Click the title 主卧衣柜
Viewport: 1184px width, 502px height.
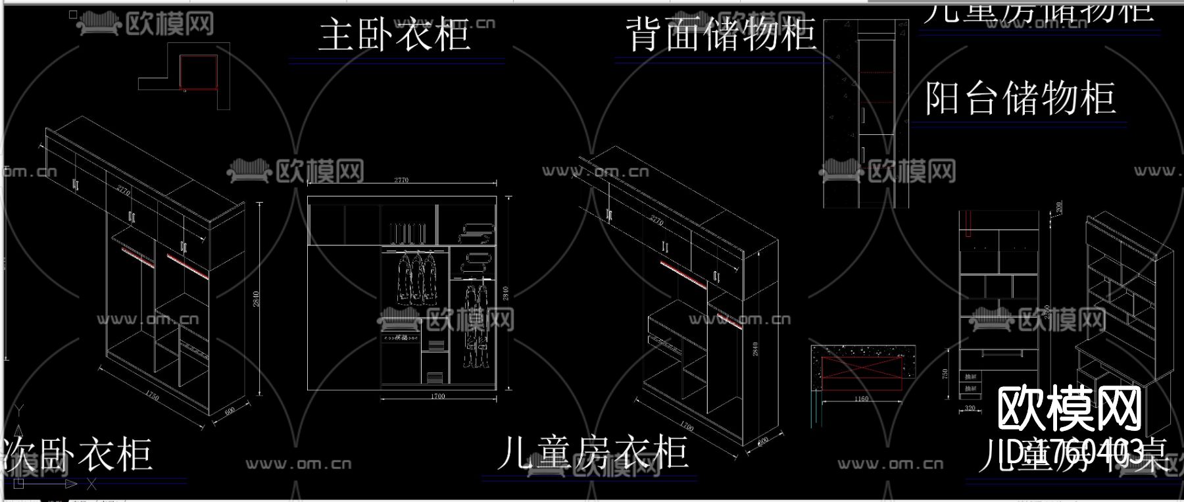[x=395, y=35]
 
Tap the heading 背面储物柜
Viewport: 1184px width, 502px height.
[x=722, y=35]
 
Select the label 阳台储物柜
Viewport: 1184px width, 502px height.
[x=1020, y=99]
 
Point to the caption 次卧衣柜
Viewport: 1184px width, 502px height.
[x=78, y=455]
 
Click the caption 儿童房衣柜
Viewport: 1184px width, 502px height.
[x=592, y=453]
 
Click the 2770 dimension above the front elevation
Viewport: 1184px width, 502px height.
[x=401, y=180]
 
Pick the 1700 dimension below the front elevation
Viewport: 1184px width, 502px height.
[x=437, y=396]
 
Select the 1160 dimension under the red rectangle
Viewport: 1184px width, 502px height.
[x=861, y=399]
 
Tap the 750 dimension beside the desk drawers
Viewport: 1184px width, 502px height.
[x=946, y=374]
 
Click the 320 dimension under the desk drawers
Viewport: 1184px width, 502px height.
[x=970, y=409]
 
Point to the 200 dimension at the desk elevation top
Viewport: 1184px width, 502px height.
[x=1059, y=207]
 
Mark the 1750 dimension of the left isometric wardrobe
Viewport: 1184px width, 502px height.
[x=151, y=397]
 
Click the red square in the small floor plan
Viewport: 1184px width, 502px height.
[x=199, y=72]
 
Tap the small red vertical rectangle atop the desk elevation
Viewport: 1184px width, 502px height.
[x=969, y=224]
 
